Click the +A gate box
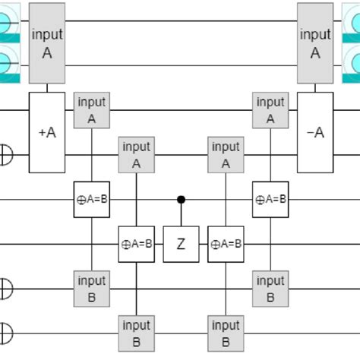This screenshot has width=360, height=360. pyautogui.click(x=47, y=133)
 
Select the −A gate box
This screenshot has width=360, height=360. pyautogui.click(x=314, y=133)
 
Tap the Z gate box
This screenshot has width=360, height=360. pyautogui.click(x=181, y=244)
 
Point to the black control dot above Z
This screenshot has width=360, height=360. pyautogui.click(x=181, y=200)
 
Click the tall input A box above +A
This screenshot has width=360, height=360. pyautogui.click(x=47, y=43)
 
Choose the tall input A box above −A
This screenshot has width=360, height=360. pyautogui.click(x=314, y=43)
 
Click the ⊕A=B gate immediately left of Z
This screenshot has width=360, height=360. pyautogui.click(x=137, y=244)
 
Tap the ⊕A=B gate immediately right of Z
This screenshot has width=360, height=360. pyautogui.click(x=226, y=244)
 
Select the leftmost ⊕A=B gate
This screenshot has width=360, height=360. pyautogui.click(x=92, y=200)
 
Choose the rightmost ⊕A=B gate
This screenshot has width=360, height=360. pyautogui.click(x=270, y=200)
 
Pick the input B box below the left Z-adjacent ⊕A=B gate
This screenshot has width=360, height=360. pyautogui.click(x=137, y=333)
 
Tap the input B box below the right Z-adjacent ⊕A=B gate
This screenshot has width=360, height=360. pyautogui.click(x=226, y=333)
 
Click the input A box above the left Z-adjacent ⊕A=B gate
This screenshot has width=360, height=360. pyautogui.click(x=137, y=155)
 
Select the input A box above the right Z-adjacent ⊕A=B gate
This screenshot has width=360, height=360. pyautogui.click(x=226, y=155)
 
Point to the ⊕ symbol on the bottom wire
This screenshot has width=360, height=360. pyautogui.click(x=5, y=333)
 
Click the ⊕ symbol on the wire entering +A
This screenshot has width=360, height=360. pyautogui.click(x=5, y=155)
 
